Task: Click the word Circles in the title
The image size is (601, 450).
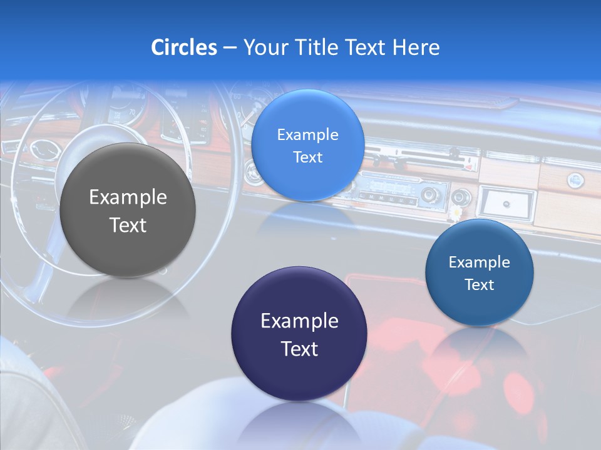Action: [x=184, y=47]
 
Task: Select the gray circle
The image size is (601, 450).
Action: [x=128, y=210]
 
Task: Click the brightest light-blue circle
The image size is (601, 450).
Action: [x=307, y=146]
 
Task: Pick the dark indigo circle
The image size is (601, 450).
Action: [x=299, y=334]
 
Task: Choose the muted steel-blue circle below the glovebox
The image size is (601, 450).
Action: [x=479, y=272]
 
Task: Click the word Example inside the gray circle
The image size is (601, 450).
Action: [x=128, y=197]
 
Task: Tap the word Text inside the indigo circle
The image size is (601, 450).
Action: [x=299, y=348]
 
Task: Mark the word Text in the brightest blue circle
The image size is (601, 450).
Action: [x=307, y=157]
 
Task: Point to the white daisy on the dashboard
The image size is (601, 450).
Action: [x=457, y=213]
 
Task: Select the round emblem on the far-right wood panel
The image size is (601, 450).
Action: [x=575, y=181]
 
